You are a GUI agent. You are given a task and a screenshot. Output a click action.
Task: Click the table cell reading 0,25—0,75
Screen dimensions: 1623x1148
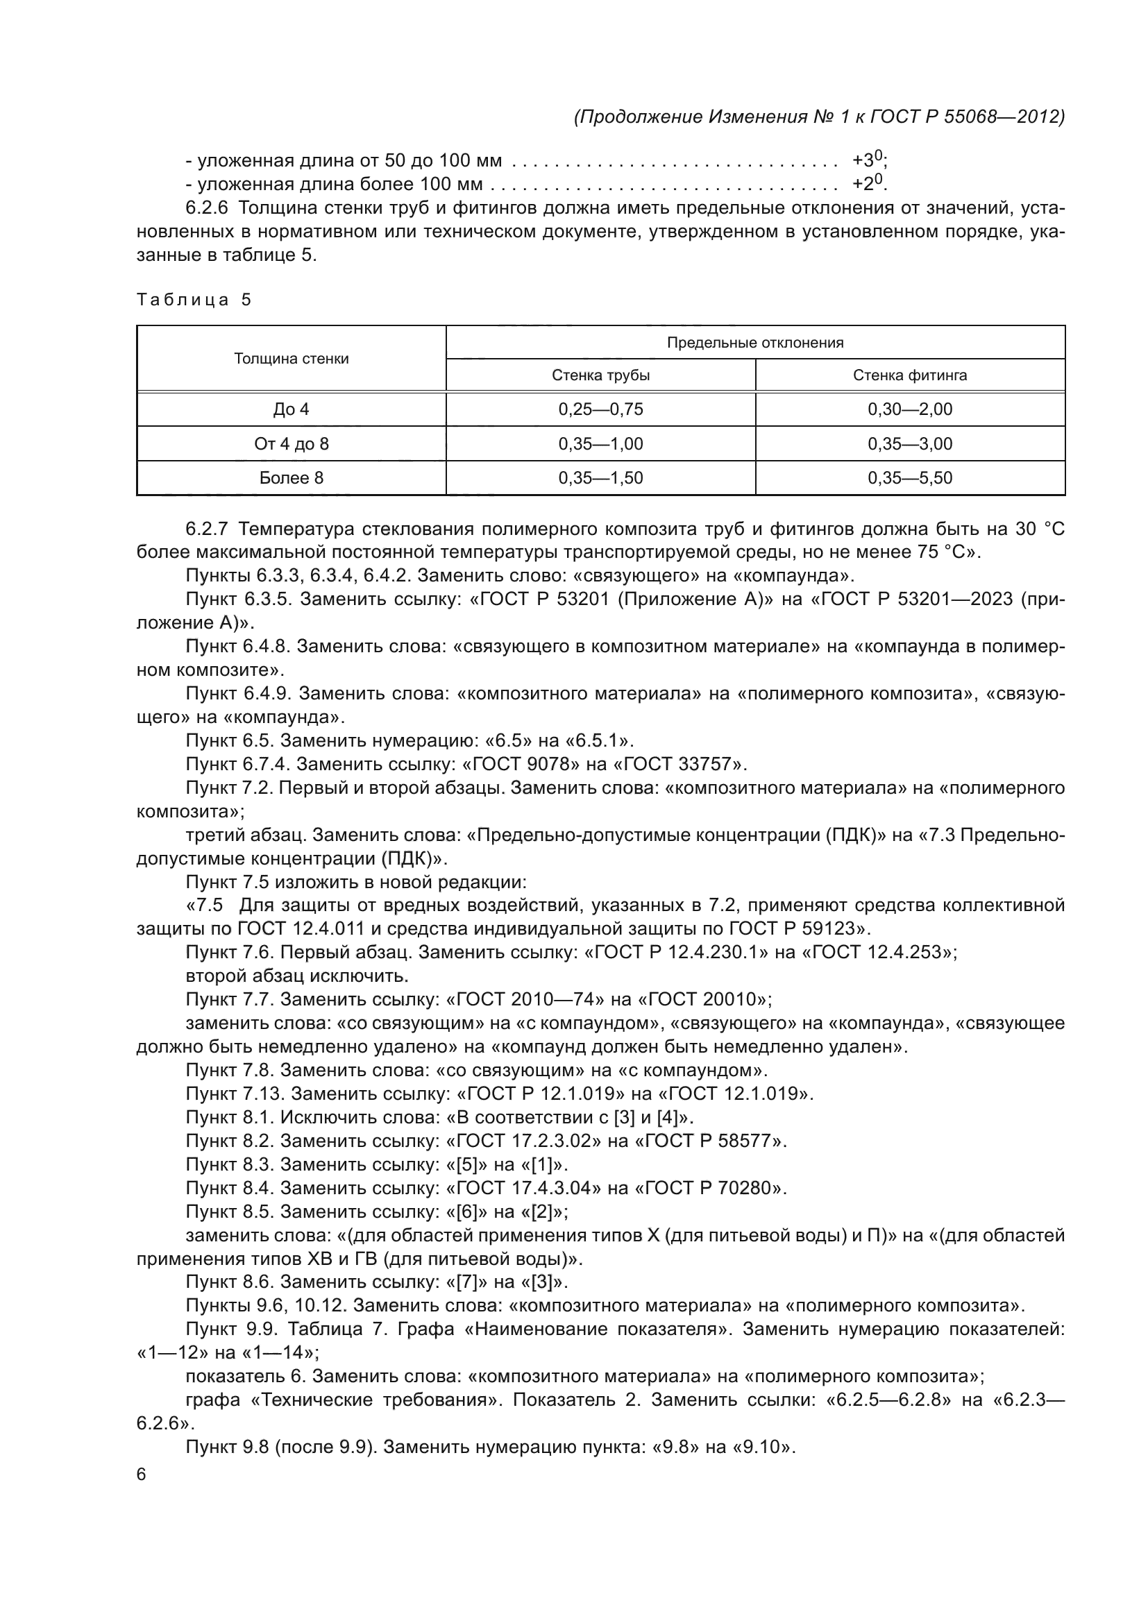point(600,409)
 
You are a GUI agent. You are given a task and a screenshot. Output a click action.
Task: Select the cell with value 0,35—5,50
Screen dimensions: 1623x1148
point(910,478)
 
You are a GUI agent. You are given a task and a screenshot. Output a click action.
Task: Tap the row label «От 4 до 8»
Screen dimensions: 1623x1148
point(292,444)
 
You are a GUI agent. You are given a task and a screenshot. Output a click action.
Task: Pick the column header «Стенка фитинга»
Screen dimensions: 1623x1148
point(910,375)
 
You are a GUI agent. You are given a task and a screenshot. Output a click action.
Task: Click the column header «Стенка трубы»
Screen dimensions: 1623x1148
point(600,375)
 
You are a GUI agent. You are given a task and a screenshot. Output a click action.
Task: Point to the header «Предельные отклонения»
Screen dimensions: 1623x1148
point(755,343)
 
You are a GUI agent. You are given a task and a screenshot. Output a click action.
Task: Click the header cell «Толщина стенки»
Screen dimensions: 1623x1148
point(292,358)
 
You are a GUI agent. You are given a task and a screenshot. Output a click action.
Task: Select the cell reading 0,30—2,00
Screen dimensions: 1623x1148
point(910,409)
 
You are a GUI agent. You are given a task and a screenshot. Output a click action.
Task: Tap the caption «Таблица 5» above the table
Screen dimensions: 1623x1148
point(194,300)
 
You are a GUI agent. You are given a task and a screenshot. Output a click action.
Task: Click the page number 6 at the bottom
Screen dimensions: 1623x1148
point(142,1475)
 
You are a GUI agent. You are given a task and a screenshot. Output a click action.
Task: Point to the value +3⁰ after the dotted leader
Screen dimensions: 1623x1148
point(868,160)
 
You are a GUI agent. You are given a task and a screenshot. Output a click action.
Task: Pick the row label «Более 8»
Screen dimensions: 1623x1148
point(292,478)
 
